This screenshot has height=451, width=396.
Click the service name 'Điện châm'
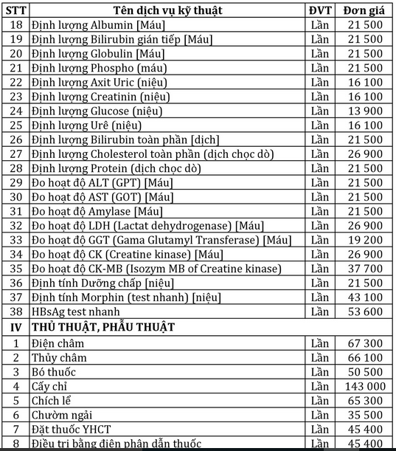58,343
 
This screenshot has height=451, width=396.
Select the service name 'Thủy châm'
58,357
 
